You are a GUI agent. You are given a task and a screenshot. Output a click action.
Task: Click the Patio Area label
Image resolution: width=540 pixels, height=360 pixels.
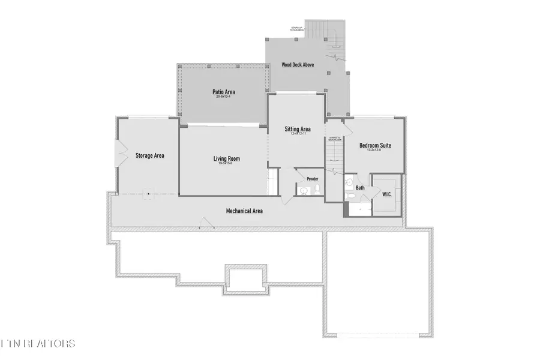click(x=223, y=92)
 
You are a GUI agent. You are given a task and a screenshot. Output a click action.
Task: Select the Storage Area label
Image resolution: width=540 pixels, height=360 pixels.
click(x=149, y=155)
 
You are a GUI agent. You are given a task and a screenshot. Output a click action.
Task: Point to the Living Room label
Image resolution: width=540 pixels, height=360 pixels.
click(x=227, y=158)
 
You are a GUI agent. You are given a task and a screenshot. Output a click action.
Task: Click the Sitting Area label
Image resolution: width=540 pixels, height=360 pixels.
click(x=297, y=129)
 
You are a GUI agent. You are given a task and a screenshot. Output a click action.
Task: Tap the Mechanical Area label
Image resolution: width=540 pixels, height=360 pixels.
click(x=244, y=211)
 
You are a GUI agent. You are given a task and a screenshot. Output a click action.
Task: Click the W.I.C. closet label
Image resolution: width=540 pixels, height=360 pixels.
click(x=387, y=194)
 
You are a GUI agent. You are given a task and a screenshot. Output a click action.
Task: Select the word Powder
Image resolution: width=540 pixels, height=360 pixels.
click(x=312, y=179)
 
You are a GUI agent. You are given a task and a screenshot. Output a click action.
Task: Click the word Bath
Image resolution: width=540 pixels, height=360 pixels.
click(x=360, y=188)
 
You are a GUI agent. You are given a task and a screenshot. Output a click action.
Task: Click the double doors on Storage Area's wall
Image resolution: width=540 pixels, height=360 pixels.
click(x=120, y=154)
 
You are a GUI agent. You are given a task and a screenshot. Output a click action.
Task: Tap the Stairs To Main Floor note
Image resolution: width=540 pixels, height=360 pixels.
click(x=335, y=139)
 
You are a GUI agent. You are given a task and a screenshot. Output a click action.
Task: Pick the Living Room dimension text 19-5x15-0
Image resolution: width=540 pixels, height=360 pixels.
click(x=227, y=164)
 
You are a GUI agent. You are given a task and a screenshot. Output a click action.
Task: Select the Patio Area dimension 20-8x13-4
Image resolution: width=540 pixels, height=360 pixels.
click(x=223, y=97)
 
